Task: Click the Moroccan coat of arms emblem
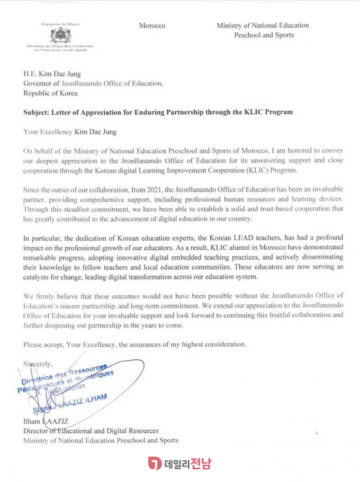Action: click(x=59, y=36)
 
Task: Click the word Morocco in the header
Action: click(x=152, y=25)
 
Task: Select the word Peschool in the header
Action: click(x=249, y=35)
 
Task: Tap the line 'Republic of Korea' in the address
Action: click(x=50, y=93)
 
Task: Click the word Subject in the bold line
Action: click(x=37, y=112)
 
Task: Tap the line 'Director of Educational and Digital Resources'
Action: click(x=91, y=431)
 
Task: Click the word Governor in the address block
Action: click(x=37, y=84)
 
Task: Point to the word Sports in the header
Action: click(x=284, y=35)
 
